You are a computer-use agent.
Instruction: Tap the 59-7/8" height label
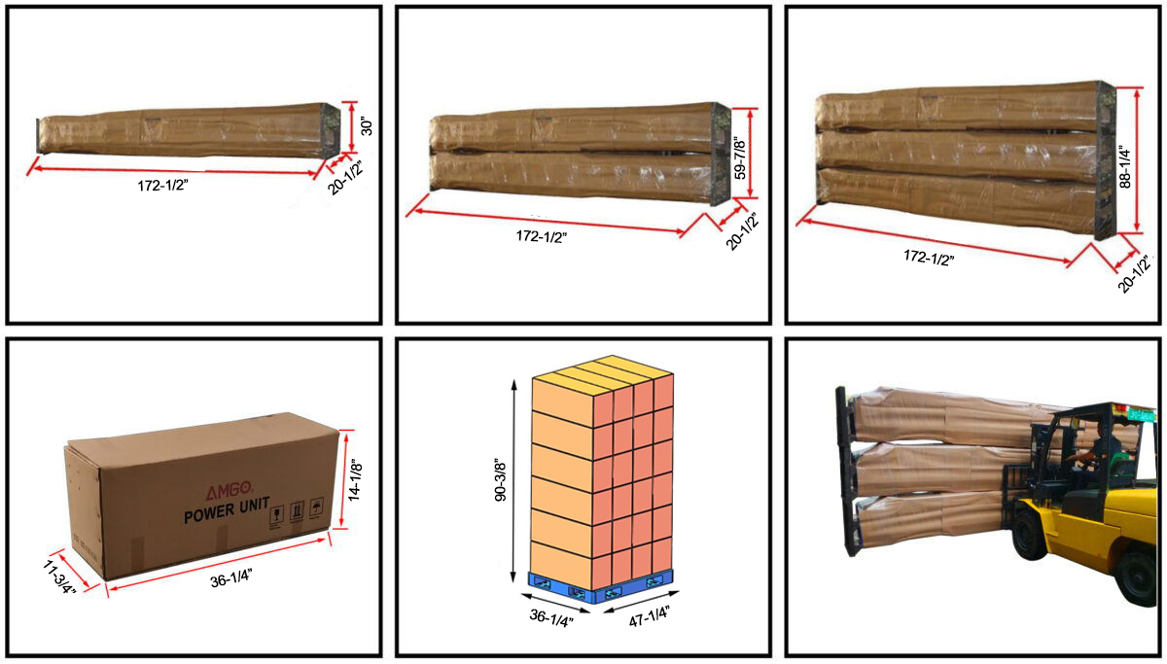tap(742, 157)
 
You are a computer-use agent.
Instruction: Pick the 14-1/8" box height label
tap(358, 479)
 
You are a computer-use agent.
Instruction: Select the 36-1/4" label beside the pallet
tap(551, 616)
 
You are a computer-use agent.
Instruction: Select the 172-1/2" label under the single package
tap(163, 186)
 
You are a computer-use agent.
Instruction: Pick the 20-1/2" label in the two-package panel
tap(744, 231)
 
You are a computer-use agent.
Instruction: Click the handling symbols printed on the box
tap(297, 512)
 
